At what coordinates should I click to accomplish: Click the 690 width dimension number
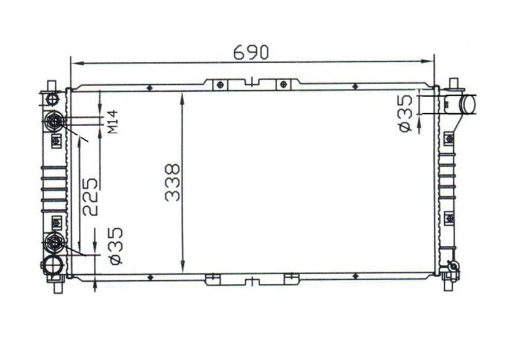coord(251,52)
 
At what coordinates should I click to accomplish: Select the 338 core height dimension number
coord(172,183)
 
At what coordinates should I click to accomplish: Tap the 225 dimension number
coord(90,197)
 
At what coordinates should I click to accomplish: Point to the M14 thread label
coord(113,121)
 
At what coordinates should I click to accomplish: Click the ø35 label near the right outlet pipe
coord(406,113)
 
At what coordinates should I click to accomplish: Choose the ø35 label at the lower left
coord(116,246)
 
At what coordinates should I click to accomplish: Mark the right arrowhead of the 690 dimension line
coord(427,61)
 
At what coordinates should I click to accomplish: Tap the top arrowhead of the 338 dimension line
coord(183,98)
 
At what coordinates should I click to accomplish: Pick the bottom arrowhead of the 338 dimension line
coord(183,267)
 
